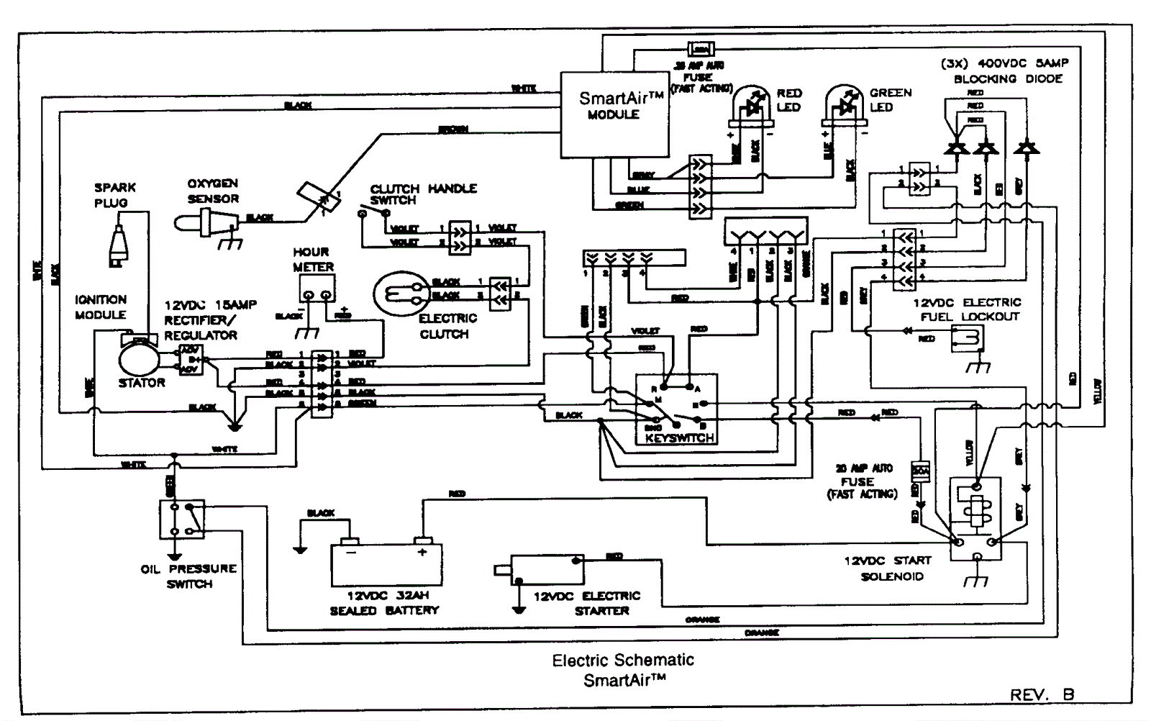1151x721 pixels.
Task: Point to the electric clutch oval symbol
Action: click(401, 293)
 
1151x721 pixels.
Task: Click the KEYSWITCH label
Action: click(679, 437)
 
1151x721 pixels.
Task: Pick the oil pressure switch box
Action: click(181, 519)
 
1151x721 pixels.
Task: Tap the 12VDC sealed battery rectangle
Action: click(386, 565)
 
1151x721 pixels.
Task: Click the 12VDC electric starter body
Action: click(547, 569)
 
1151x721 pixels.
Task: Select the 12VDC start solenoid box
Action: click(975, 518)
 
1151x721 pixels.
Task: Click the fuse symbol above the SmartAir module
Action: click(700, 50)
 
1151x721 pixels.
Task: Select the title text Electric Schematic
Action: click(623, 660)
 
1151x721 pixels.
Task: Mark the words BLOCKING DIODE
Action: click(1008, 78)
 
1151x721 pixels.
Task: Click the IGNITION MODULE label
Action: click(101, 307)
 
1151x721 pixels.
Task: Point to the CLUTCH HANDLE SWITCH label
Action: click(423, 194)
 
